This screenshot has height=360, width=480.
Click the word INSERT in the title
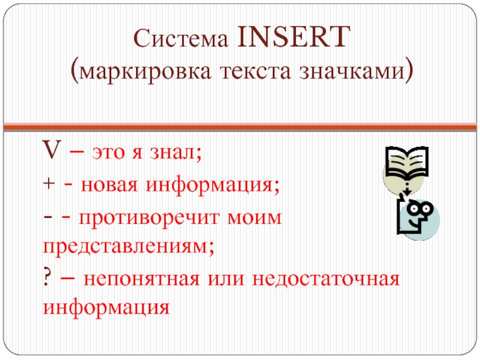click(294, 37)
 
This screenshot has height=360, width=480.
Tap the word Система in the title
click(181, 39)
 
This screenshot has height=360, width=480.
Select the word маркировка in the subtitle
click(145, 72)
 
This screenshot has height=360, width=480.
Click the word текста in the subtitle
click(256, 71)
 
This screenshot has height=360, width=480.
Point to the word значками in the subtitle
click(352, 71)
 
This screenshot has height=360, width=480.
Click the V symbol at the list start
click(52, 149)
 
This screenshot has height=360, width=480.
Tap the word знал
click(175, 152)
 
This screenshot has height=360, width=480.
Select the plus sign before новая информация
click(49, 184)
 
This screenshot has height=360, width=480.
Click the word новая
click(109, 185)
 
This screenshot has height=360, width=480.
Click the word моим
click(254, 218)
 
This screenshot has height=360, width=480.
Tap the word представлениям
click(128, 247)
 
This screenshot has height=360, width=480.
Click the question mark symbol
click(47, 278)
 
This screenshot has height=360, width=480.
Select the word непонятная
click(142, 279)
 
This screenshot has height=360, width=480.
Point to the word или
click(226, 279)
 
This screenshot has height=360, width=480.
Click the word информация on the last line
click(106, 307)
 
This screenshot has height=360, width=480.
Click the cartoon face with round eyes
click(418, 218)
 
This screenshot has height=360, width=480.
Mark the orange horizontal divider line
click(240, 126)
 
